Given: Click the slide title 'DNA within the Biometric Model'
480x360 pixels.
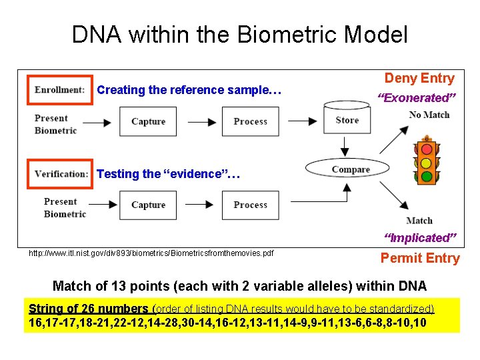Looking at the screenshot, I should tap(239, 35).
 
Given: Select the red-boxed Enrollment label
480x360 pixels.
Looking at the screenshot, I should tap(59, 90).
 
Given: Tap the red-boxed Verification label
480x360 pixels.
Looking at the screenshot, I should tap(60, 174).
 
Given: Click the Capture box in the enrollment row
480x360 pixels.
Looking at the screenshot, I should tap(148, 121).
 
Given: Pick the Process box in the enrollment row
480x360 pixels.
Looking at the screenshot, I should tap(250, 121).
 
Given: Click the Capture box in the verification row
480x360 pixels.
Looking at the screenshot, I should tap(148, 205).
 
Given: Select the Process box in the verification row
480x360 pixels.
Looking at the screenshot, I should tap(250, 205).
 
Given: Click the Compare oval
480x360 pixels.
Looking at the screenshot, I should tap(350, 169).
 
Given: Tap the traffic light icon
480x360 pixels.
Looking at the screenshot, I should tap(425, 160).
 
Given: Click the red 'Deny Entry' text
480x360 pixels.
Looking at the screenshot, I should tap(419, 78).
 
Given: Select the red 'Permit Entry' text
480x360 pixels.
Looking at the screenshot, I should tap(420, 258).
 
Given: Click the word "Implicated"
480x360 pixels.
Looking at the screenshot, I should tap(420, 238).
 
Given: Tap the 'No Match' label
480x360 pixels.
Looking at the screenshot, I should tap(429, 115).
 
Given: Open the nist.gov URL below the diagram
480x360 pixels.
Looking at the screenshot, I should tap(151, 253).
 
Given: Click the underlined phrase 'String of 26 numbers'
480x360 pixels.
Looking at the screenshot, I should tap(89, 309).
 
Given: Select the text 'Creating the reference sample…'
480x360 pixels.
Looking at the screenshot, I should tap(189, 90).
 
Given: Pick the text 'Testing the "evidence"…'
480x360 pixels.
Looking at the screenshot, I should tap(168, 174).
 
